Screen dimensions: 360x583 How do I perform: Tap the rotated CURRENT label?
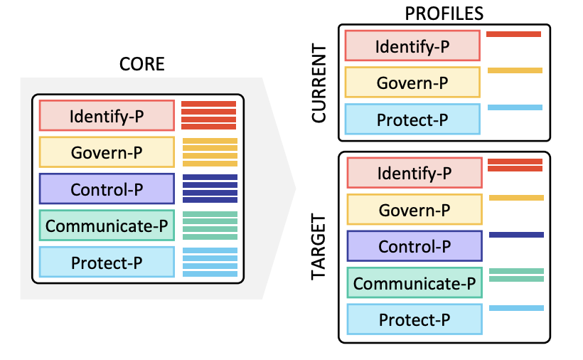(x=320, y=85)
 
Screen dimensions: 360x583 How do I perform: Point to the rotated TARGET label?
(x=320, y=247)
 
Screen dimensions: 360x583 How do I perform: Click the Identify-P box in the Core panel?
(x=107, y=115)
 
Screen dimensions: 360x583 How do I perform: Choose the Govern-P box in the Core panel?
(x=107, y=152)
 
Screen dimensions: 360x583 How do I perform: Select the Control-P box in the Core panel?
(x=107, y=189)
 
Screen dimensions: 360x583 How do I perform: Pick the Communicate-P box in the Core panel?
(x=107, y=226)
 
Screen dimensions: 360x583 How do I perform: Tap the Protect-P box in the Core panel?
(x=107, y=263)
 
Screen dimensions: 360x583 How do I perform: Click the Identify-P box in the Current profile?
(x=412, y=46)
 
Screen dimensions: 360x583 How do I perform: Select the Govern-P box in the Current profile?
(x=412, y=83)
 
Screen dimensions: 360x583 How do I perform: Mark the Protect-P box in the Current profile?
(x=412, y=120)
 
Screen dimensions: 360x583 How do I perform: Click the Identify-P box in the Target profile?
(x=414, y=173)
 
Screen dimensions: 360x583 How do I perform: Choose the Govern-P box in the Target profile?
(x=414, y=210)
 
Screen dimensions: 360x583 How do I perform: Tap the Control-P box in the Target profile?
(x=414, y=246)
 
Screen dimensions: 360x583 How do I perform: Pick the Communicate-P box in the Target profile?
(x=414, y=283)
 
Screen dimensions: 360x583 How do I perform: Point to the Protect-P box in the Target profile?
(x=414, y=320)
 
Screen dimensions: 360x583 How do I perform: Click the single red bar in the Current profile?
(x=514, y=34)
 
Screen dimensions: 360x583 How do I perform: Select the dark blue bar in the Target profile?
(x=516, y=234)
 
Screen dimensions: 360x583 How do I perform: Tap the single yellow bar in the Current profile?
(x=515, y=70)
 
